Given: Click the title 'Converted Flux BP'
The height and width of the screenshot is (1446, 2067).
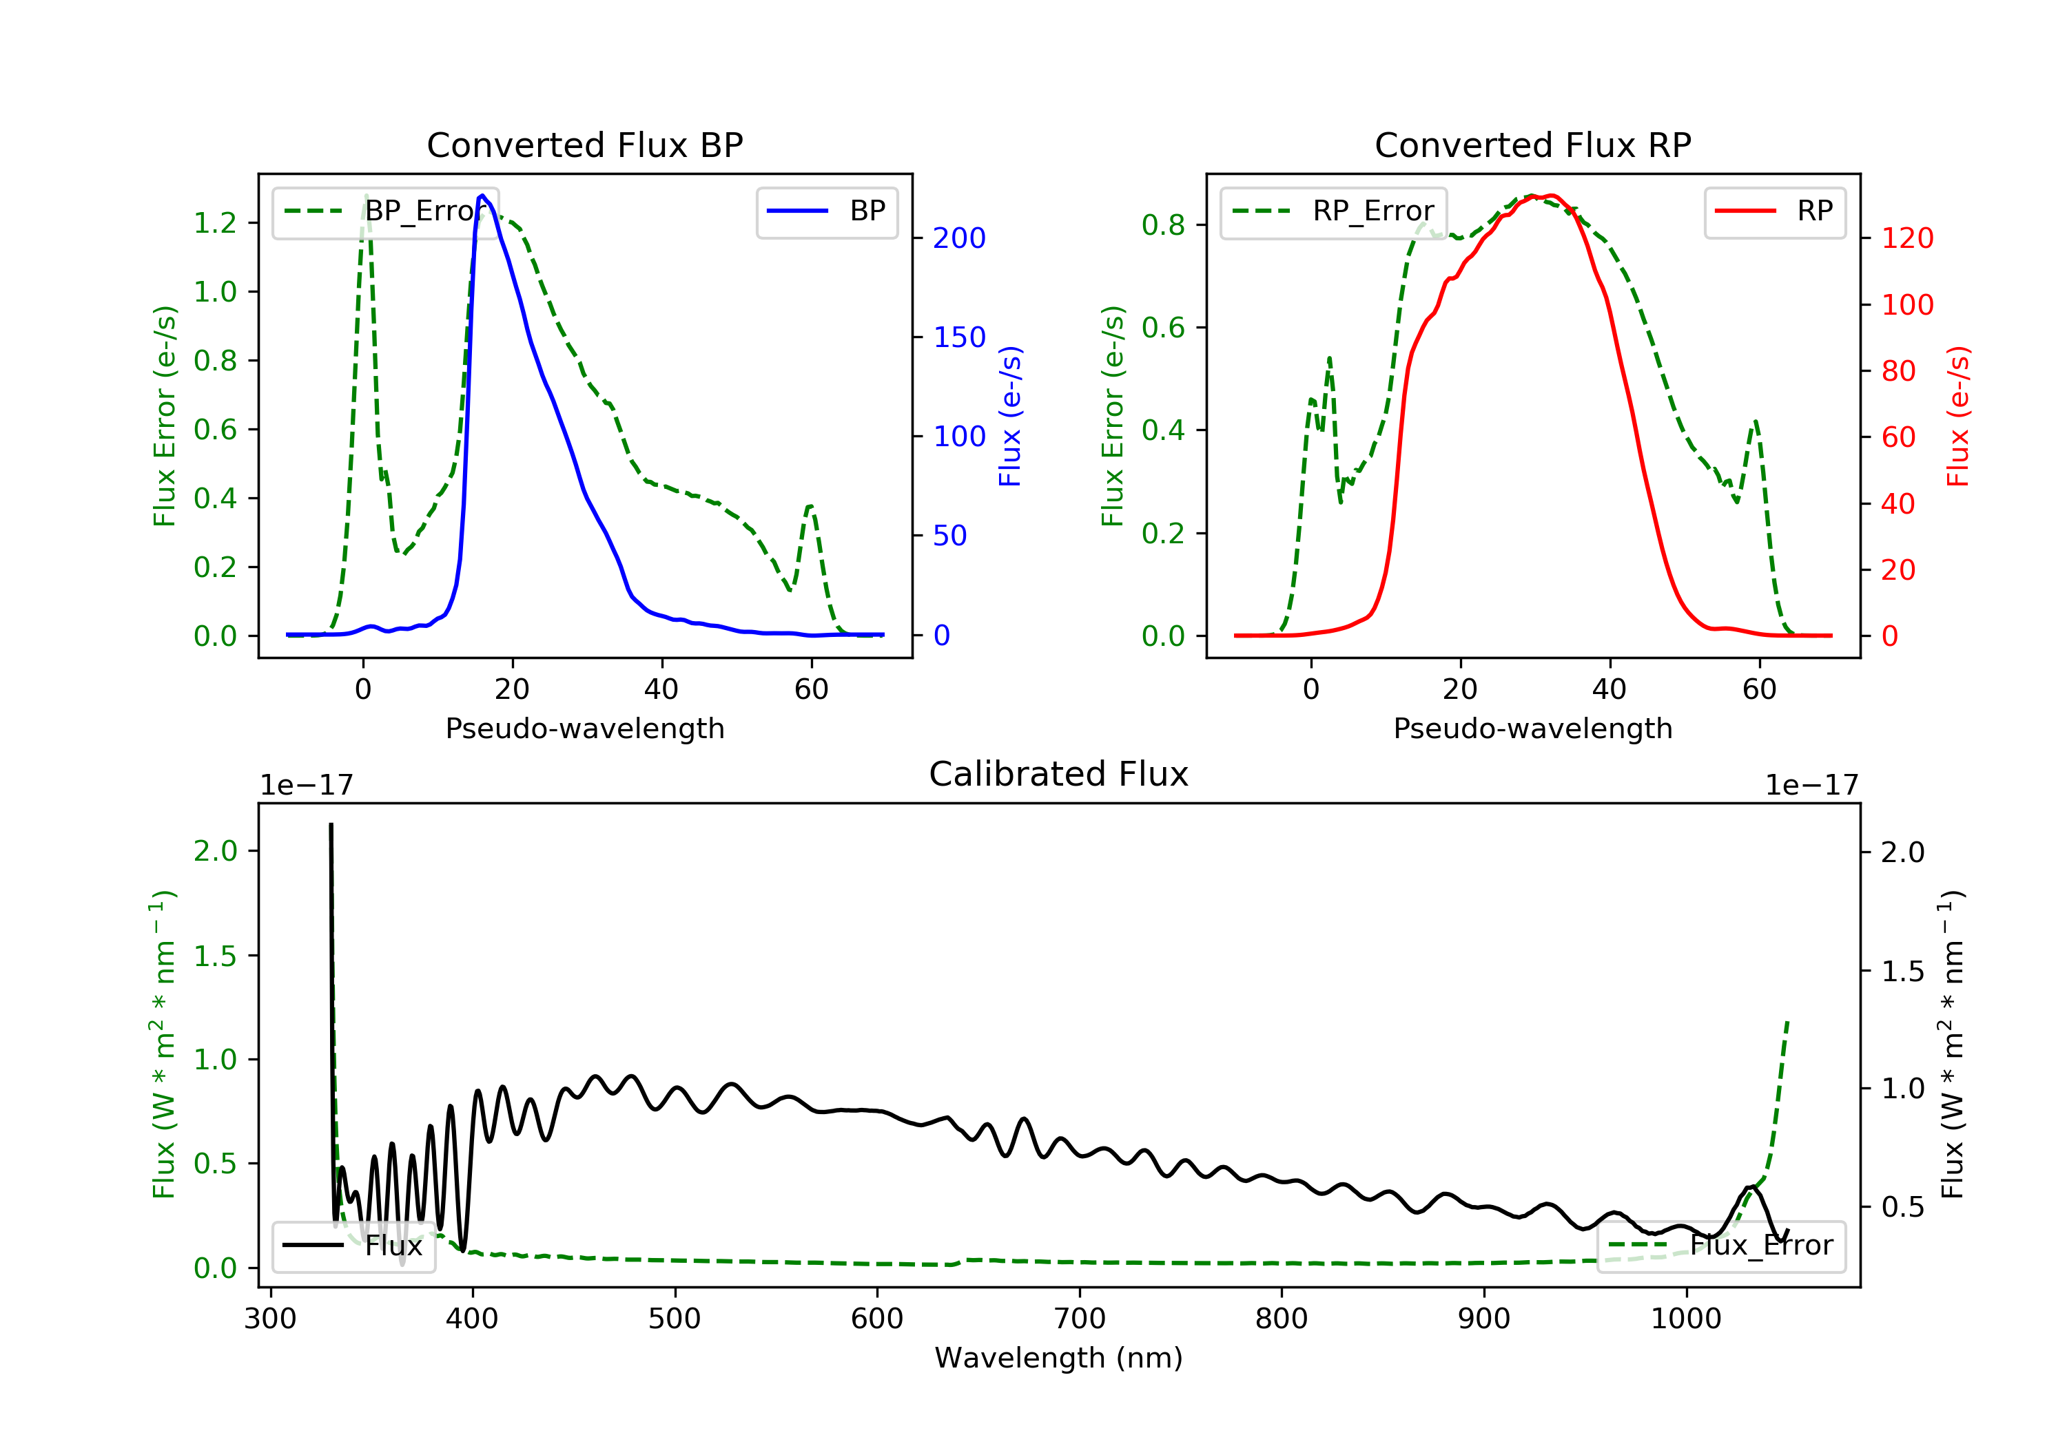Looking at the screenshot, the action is tap(584, 145).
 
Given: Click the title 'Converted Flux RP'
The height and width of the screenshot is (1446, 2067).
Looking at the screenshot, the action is tap(1532, 145).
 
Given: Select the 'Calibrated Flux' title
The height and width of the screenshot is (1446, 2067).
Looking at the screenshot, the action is tap(1059, 774).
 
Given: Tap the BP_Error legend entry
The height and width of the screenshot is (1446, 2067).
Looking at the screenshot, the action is tap(385, 211).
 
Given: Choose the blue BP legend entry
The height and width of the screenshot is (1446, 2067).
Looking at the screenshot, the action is tap(826, 211).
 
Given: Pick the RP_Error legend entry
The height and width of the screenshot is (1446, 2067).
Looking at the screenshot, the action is tap(1333, 211).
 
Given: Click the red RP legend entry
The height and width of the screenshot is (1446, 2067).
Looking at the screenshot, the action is tap(1774, 211).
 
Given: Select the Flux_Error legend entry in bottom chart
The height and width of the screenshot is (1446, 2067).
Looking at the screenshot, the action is tap(1720, 1246).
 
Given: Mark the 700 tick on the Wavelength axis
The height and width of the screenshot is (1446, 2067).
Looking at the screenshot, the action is tap(1080, 1319).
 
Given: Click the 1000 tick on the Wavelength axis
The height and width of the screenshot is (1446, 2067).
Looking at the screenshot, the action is tap(1686, 1319).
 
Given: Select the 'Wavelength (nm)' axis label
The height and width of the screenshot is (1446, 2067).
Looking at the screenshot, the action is tap(1059, 1358).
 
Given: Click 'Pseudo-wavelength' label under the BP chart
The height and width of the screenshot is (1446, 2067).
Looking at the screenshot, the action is tap(585, 728).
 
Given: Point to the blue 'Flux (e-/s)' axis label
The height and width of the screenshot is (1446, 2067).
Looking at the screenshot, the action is tap(1010, 417).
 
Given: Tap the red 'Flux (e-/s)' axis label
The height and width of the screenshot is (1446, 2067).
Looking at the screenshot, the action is tap(1958, 417).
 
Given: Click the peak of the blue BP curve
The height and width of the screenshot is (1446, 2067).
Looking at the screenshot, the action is tap(482, 196).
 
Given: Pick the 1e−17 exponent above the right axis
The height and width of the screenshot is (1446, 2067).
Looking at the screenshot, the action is tap(1812, 786).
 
